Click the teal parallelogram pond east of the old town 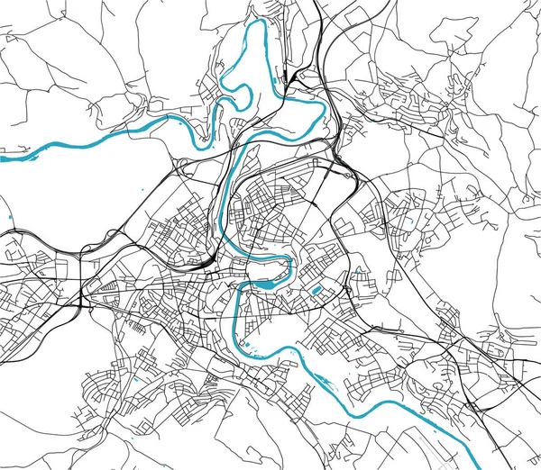pos(316,290)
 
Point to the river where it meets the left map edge pos(3,158)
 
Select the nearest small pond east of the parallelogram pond pos(360,269)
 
